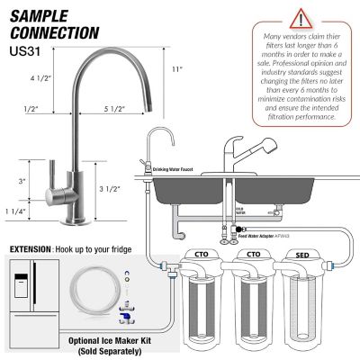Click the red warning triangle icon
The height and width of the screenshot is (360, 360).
(296, 18)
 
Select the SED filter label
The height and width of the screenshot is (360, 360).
(304, 255)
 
